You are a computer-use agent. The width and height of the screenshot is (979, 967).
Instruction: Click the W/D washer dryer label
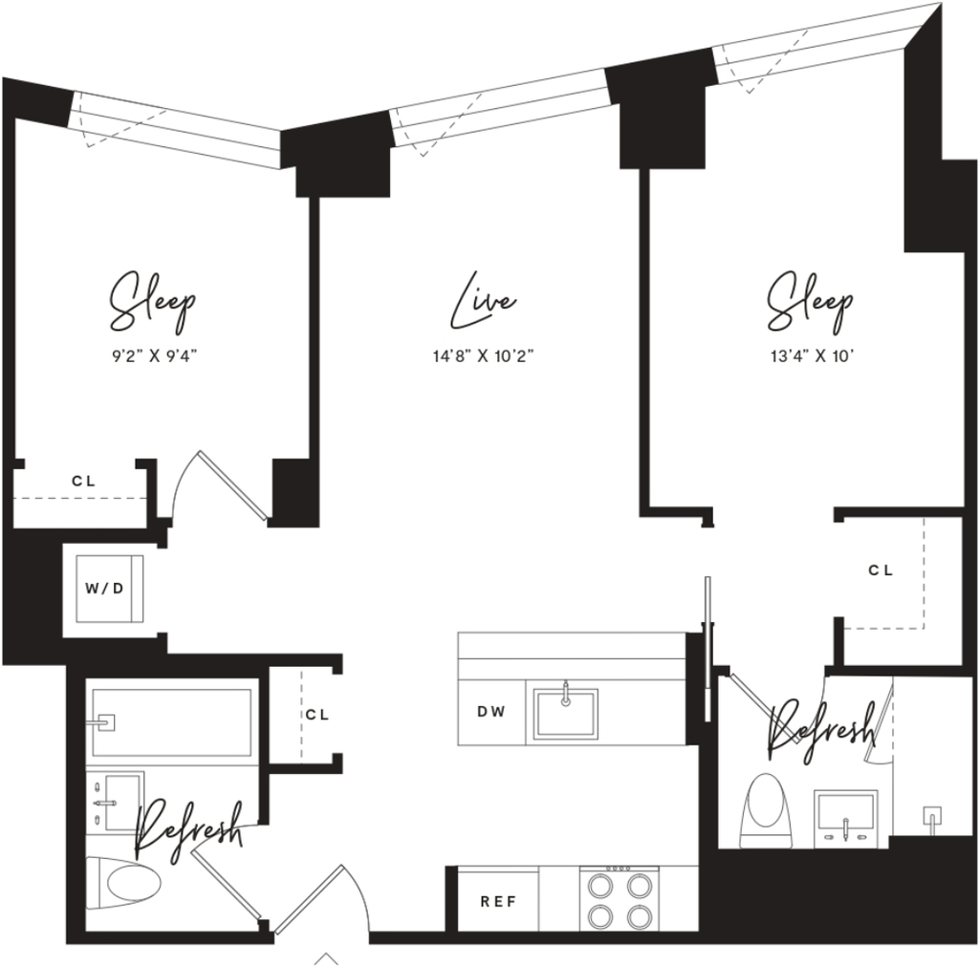(x=104, y=589)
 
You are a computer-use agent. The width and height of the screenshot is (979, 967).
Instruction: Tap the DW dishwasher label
(x=491, y=711)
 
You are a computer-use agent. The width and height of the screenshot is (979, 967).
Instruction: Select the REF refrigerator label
(x=498, y=901)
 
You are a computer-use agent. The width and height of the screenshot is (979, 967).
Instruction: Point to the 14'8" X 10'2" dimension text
(x=484, y=356)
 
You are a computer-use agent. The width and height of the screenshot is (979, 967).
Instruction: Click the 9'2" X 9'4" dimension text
(x=154, y=356)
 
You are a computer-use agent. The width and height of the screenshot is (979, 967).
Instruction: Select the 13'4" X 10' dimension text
(x=812, y=356)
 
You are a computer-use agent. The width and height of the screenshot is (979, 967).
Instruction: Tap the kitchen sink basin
(x=565, y=712)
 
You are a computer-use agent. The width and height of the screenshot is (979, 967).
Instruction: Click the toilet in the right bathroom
(x=766, y=810)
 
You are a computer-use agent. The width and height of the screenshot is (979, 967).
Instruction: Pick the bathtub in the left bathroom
(x=172, y=721)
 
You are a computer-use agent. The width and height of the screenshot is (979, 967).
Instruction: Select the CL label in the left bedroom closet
(x=84, y=481)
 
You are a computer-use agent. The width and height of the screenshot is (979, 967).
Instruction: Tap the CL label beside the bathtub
(x=317, y=715)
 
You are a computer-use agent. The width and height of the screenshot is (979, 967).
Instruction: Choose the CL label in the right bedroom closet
(x=881, y=569)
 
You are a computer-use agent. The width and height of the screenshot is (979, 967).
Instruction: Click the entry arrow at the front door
(x=325, y=959)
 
